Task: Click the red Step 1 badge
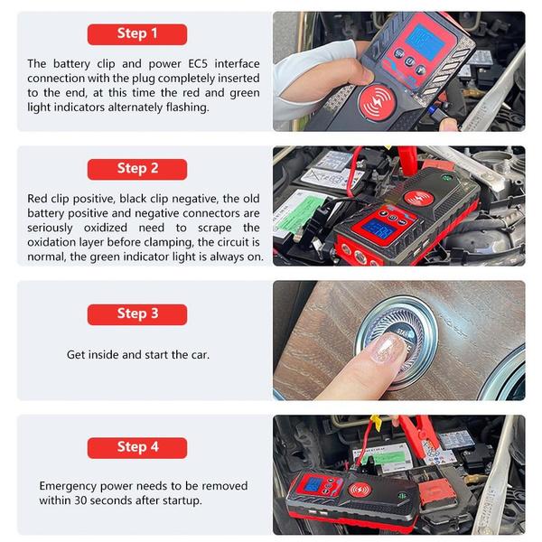[x=137, y=34]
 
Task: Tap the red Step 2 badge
[x=137, y=169]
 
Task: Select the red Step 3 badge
[x=137, y=314]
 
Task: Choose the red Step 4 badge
[x=137, y=448]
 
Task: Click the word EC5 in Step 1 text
[x=198, y=63]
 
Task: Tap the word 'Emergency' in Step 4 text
[x=68, y=486]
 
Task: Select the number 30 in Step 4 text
[x=80, y=500]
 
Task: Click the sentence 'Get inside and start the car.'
[x=138, y=355]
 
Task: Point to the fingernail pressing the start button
[x=388, y=349]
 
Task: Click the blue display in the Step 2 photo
[x=379, y=229]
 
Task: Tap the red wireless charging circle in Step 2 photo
[x=419, y=198]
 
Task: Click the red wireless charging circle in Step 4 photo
[x=360, y=491]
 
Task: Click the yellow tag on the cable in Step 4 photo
[x=375, y=423]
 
